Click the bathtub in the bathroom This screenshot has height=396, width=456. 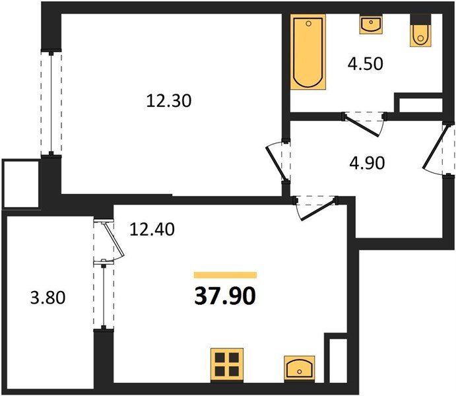308,53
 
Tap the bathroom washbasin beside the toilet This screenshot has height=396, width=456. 371,25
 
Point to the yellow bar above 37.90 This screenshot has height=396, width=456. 224,275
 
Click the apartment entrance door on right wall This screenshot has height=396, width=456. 438,148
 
